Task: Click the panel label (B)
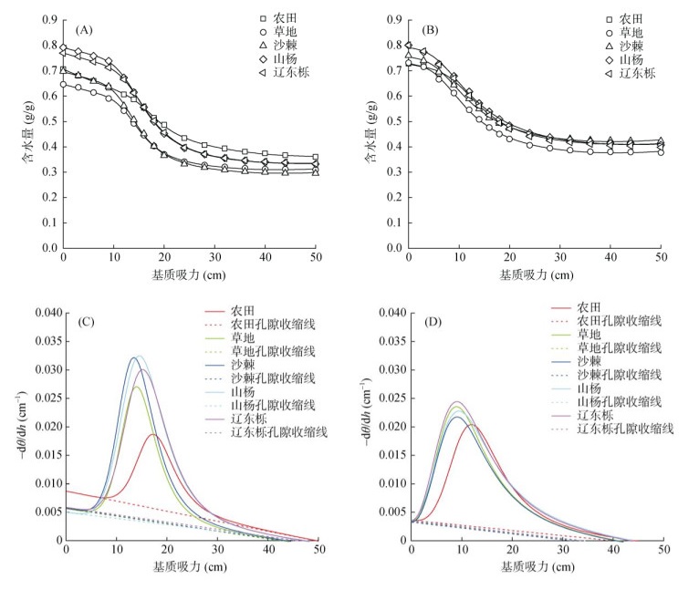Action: (x=430, y=30)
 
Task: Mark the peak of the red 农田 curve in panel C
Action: (x=153, y=435)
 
